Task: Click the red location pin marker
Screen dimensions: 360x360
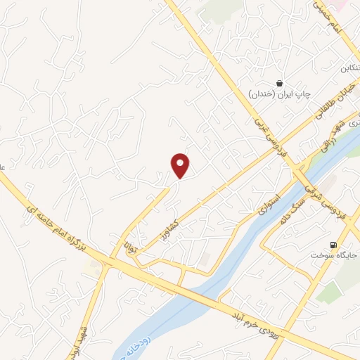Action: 181,165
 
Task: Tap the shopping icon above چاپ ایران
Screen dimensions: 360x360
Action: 280,82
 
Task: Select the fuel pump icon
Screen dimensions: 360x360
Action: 331,245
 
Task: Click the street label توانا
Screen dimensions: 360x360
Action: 129,247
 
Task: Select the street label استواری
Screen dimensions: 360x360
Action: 270,204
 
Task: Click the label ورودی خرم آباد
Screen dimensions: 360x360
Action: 258,325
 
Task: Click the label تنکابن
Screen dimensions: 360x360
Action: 335,69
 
